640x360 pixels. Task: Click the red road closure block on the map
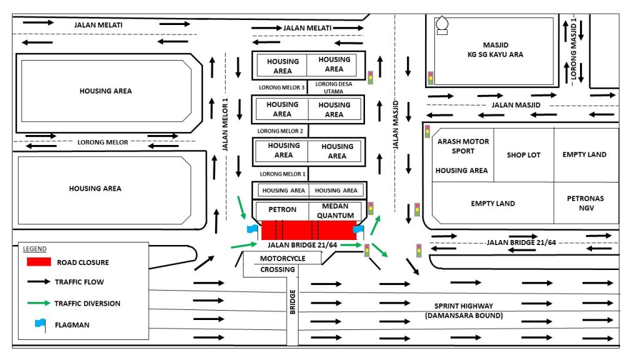point(309,230)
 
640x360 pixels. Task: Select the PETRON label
point(282,209)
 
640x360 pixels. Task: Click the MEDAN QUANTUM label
point(336,211)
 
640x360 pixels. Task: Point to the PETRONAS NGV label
point(585,203)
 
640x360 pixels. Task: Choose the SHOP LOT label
point(524,155)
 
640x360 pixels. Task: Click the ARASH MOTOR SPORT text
point(463,146)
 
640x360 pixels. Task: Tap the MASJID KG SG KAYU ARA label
point(496,50)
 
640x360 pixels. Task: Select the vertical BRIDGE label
point(292,302)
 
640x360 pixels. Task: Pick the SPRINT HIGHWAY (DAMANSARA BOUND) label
point(464,311)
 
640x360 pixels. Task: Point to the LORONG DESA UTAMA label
point(334,87)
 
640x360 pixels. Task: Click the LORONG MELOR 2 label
point(280,131)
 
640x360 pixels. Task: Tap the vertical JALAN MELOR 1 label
point(225,124)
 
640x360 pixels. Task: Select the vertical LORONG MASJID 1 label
point(574,49)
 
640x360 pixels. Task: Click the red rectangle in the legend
point(39,262)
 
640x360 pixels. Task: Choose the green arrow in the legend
point(39,303)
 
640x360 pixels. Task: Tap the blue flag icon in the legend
point(41,325)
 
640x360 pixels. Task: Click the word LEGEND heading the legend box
point(35,249)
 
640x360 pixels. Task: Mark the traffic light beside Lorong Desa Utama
point(370,77)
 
